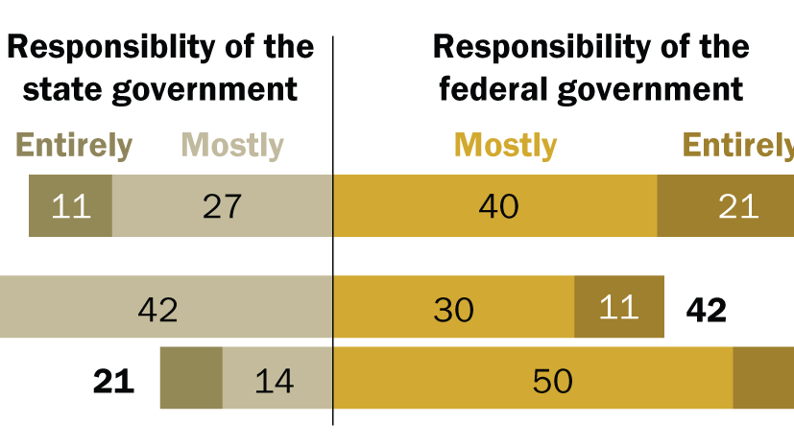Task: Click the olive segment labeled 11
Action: [x=70, y=205]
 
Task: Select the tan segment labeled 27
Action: [x=222, y=205]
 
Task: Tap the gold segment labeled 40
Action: [x=494, y=205]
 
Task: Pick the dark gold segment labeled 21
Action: [x=726, y=205]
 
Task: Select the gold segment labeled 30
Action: [x=453, y=307]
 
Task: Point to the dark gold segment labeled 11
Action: [x=618, y=307]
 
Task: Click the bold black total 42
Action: [x=707, y=309]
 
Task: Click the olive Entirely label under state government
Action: [x=74, y=146]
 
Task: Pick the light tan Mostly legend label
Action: [x=232, y=146]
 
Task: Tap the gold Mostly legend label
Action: [x=505, y=146]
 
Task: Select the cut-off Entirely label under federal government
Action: [x=737, y=146]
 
